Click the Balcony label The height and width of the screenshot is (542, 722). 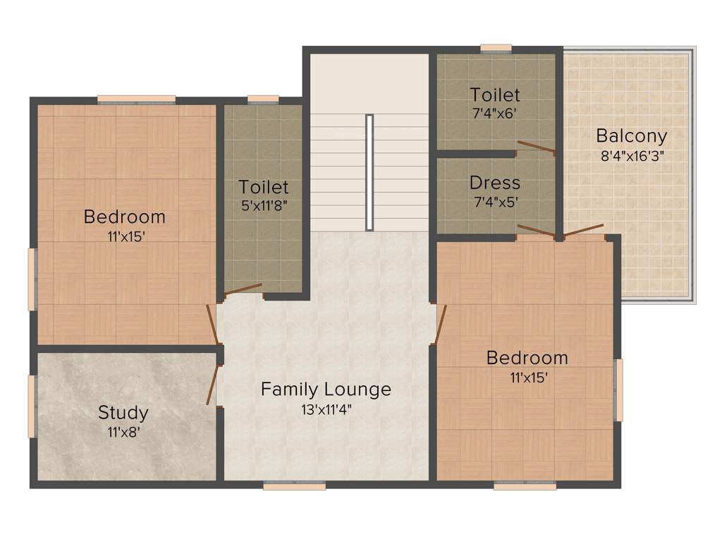click(x=631, y=135)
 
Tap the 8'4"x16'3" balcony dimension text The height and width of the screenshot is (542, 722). click(x=632, y=155)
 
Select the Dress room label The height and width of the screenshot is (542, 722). click(x=495, y=183)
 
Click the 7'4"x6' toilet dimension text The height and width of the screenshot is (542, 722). click(x=495, y=112)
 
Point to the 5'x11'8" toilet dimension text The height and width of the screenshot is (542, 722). click(x=264, y=205)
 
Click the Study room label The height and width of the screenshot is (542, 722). click(x=123, y=412)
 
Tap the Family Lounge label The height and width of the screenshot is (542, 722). click(x=326, y=389)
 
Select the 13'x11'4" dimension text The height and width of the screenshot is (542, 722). click(x=326, y=408)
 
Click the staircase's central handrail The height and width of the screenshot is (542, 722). click(x=369, y=172)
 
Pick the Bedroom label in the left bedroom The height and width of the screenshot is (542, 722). click(x=125, y=217)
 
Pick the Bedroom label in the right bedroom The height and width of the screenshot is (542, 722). click(x=527, y=358)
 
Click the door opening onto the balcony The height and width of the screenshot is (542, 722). click(x=583, y=231)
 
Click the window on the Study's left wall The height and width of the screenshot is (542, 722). click(x=32, y=406)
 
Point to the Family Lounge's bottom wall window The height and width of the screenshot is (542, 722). click(x=295, y=485)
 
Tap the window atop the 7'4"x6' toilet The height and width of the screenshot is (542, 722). click(x=496, y=48)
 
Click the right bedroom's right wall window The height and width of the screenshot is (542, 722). click(x=618, y=390)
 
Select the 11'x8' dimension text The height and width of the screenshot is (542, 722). click(x=123, y=432)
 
